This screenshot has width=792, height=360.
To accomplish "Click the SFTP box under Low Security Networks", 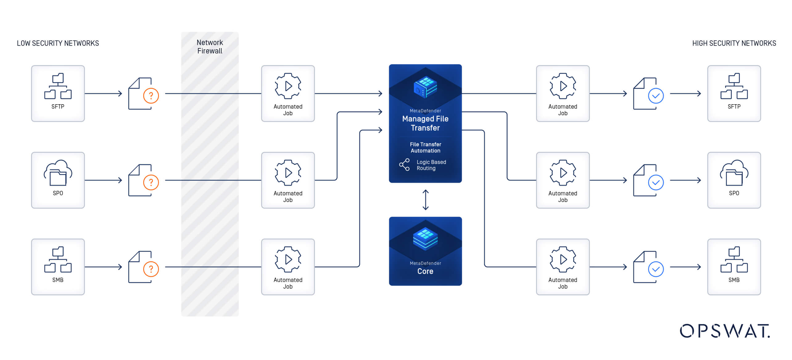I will tap(58, 93).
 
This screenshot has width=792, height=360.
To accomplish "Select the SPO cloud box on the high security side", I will tap(734, 180).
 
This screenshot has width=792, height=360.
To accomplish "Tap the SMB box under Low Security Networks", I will tap(58, 267).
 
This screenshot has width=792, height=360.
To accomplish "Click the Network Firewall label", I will tap(210, 47).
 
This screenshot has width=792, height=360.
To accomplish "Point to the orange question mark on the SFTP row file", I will tap(151, 96).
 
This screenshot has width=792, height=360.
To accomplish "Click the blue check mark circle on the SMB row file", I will tap(656, 269).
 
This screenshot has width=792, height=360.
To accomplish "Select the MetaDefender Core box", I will tap(425, 251).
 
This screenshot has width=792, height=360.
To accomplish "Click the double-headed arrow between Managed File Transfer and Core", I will tap(425, 200).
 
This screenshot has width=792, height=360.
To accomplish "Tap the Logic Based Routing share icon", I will tap(404, 165).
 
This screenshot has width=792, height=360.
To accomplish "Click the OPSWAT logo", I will tap(724, 331).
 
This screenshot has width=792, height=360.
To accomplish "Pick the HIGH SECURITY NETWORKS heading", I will tap(734, 43).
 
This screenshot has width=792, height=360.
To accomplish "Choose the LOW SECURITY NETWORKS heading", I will tap(58, 43).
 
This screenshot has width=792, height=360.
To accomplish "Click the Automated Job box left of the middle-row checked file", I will tap(563, 180).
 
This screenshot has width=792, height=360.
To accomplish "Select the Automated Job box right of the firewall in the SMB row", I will tap(288, 267).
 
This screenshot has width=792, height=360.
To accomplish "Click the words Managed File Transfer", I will tap(425, 123).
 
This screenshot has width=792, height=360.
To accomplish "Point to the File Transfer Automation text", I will tap(425, 147).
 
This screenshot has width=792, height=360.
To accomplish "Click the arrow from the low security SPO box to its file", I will tap(103, 180).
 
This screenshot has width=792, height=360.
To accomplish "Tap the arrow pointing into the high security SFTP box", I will tap(685, 93).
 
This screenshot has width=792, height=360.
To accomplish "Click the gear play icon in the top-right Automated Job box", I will tap(563, 86).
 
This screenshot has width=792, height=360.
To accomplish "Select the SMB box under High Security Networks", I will tap(734, 267).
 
